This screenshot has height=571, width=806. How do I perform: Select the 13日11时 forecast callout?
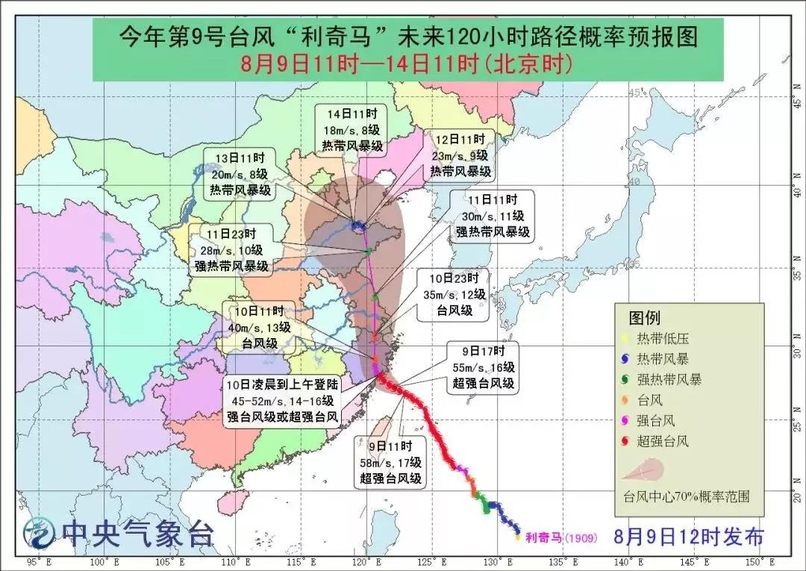pyautogui.click(x=239, y=172)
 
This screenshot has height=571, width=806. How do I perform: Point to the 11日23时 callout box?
pyautogui.click(x=231, y=249)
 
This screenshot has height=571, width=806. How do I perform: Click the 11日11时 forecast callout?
pyautogui.click(x=493, y=215)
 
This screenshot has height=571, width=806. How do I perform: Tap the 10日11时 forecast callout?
pyautogui.click(x=266, y=327)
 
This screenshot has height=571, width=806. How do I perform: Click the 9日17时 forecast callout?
pyautogui.click(x=483, y=367)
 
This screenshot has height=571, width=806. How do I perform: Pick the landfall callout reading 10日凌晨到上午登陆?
pyautogui.click(x=284, y=402)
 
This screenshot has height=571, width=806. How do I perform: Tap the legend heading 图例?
pyautogui.click(x=644, y=318)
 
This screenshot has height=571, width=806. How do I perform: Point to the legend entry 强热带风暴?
pyautogui.click(x=669, y=379)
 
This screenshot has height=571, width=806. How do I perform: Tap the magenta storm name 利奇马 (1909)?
pyautogui.click(x=560, y=536)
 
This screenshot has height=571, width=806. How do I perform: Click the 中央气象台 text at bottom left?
pyautogui.click(x=138, y=533)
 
